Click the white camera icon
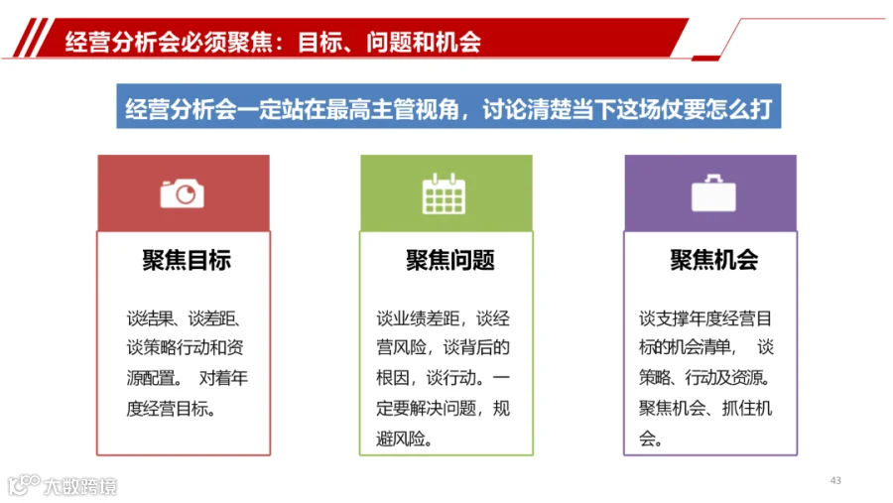tap(183, 193)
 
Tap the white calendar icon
tap(444, 193)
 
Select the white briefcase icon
tap(713, 193)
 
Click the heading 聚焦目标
tap(187, 260)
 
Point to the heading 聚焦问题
tap(450, 260)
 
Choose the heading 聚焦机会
tap(714, 260)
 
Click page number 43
tap(835, 480)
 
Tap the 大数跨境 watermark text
tap(80, 486)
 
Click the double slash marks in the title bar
tap(32, 38)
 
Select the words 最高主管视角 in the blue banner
tap(392, 108)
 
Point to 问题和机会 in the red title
tap(424, 42)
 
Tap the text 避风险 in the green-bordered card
tap(401, 439)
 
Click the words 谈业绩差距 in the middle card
tap(418, 317)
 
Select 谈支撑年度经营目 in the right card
tap(705, 317)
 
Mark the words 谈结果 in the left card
tap(151, 317)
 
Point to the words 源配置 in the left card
tap(151, 378)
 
